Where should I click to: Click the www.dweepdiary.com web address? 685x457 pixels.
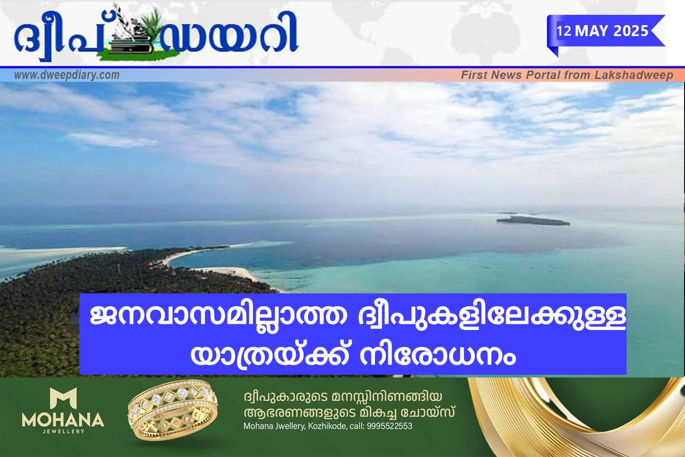tap(67, 75)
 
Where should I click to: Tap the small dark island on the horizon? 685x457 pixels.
tap(533, 220)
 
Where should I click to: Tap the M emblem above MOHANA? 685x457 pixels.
tap(63, 398)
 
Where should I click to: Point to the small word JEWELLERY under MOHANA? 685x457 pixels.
tap(63, 431)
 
